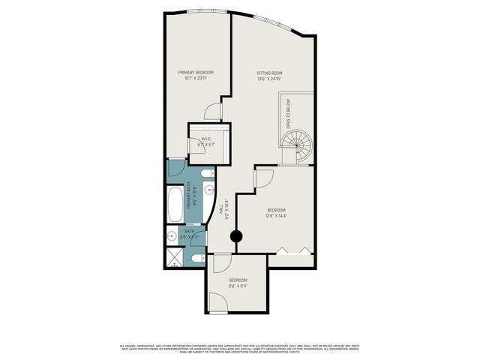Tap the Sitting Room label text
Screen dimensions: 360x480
(268, 76)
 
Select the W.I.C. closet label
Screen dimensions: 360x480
(208, 142)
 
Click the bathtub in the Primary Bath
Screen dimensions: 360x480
(175, 204)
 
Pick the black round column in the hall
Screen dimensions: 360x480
(236, 237)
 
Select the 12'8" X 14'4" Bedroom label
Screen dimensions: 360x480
(276, 213)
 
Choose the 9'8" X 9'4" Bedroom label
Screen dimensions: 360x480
(238, 283)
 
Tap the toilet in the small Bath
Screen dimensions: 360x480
(196, 258)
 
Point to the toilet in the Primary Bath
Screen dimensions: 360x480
(208, 173)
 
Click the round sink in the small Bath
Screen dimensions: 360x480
(172, 237)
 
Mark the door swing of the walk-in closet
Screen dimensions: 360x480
(196, 147)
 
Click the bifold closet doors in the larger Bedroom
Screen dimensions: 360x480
(290, 250)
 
